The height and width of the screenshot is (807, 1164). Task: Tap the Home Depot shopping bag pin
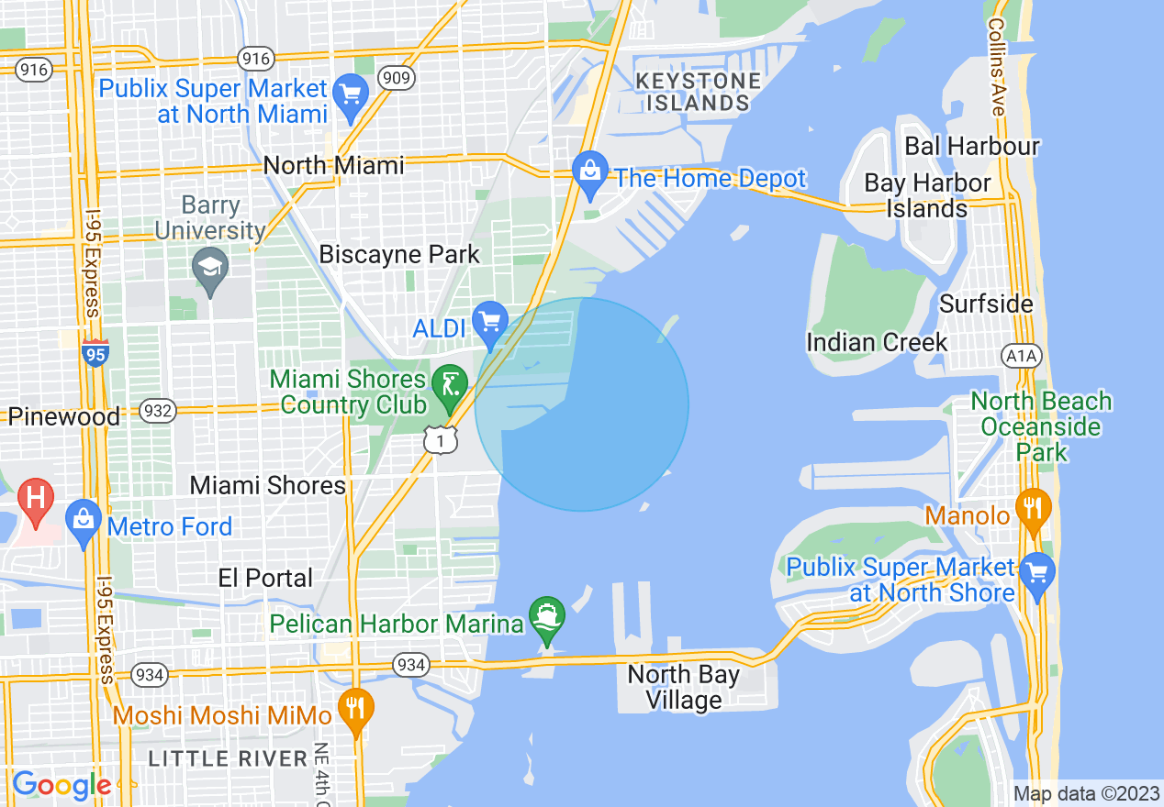(x=590, y=173)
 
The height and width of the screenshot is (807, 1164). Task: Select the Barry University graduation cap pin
(x=210, y=269)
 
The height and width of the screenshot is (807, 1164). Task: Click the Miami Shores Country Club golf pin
(x=449, y=384)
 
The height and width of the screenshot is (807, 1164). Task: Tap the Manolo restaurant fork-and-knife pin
(x=1033, y=509)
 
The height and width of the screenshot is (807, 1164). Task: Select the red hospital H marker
(x=36, y=500)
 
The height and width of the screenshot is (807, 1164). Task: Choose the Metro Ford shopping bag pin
(x=84, y=521)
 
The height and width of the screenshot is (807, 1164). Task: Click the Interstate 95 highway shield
(x=95, y=353)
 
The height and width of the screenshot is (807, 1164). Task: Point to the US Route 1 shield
(x=441, y=440)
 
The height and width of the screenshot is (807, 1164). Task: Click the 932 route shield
(x=158, y=411)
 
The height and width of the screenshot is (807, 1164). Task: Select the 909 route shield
(x=398, y=78)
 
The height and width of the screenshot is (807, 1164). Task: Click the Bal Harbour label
(x=972, y=146)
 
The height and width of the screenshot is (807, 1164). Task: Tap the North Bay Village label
(x=684, y=688)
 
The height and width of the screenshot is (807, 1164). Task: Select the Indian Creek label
(x=877, y=343)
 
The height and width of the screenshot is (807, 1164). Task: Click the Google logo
(x=62, y=785)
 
